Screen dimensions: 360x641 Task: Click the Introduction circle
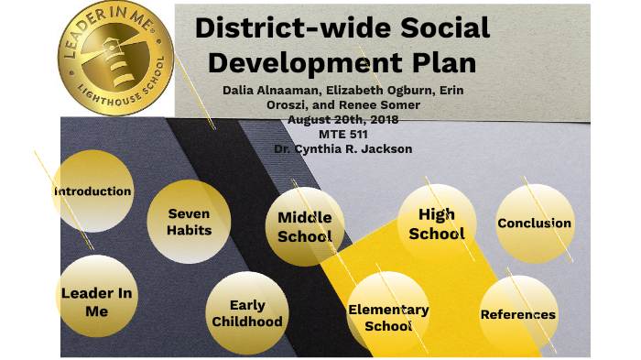coord(92,191)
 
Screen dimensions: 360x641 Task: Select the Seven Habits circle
coord(189,222)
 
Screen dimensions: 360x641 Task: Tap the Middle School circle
coord(305,226)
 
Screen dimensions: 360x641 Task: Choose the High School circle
coord(437,224)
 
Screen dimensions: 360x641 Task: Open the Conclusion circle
coord(534,223)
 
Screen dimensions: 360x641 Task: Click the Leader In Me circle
coord(96,301)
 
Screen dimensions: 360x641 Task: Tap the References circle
coord(518,314)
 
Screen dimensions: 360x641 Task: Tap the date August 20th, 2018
coord(342,119)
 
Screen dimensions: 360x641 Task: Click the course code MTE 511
coord(342,134)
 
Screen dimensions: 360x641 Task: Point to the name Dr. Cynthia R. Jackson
coord(342,148)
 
